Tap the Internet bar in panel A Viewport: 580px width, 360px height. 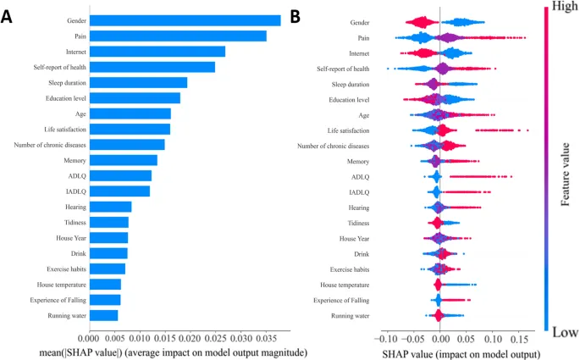click(157, 52)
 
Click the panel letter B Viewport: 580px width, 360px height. click(296, 16)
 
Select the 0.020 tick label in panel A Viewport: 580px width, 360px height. click(190, 335)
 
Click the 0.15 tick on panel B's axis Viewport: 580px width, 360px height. click(522, 335)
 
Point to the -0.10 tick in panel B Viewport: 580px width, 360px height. click(384, 335)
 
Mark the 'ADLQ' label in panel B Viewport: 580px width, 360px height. click(360, 176)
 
